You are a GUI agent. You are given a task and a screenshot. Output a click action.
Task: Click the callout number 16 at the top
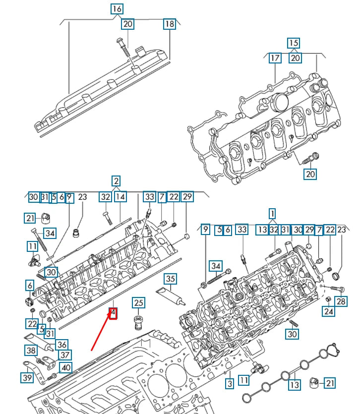pyautogui.click(x=117, y=9)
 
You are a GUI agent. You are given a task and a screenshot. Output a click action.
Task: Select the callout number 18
pyautogui.click(x=170, y=24)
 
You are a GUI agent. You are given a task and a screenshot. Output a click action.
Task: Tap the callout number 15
pyautogui.click(x=294, y=43)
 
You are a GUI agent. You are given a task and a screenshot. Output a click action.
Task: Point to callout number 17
pyautogui.click(x=275, y=58)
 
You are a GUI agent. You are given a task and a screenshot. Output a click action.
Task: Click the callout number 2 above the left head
pyautogui.click(x=116, y=181)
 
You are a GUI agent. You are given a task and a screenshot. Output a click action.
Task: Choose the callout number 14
pyautogui.click(x=120, y=197)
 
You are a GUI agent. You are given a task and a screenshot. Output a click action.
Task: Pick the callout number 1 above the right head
pyautogui.click(x=272, y=214)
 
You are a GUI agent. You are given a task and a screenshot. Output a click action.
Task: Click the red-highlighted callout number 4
pyautogui.click(x=113, y=313)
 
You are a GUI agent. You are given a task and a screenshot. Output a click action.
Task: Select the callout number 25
pyautogui.click(x=138, y=302)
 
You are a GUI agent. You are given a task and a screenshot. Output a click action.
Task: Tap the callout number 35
pyautogui.click(x=171, y=279)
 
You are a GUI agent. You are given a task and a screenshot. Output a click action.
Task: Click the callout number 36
pyautogui.click(x=61, y=345)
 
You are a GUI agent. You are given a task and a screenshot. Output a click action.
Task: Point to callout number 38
pyautogui.click(x=31, y=351)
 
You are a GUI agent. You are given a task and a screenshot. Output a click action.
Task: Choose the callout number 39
pyautogui.click(x=27, y=378)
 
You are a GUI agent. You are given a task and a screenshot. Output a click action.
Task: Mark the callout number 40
pyautogui.click(x=65, y=367)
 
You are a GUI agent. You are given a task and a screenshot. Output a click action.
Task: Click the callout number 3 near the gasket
pyautogui.click(x=229, y=383)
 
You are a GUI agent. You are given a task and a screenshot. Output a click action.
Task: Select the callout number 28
pyautogui.click(x=341, y=301)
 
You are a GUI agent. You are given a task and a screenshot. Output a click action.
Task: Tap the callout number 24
pyautogui.click(x=329, y=311)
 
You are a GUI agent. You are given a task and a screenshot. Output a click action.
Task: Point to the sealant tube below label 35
pyautogui.click(x=170, y=295)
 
